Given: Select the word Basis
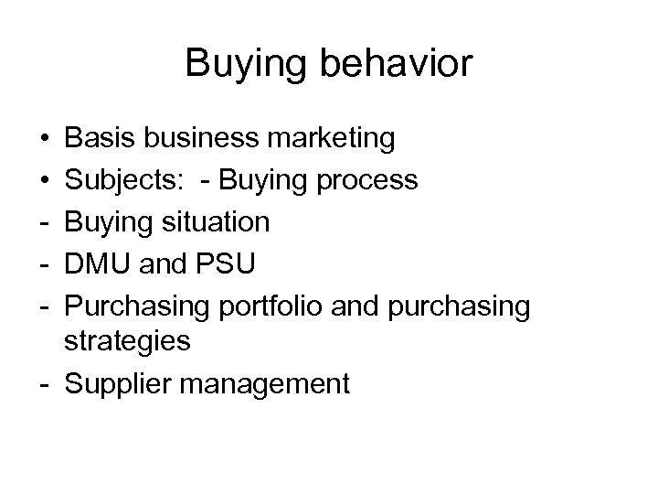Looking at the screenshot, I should tap(101, 139).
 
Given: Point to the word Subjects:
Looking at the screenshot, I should tap(123, 180).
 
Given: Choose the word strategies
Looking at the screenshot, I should tap(128, 342).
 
